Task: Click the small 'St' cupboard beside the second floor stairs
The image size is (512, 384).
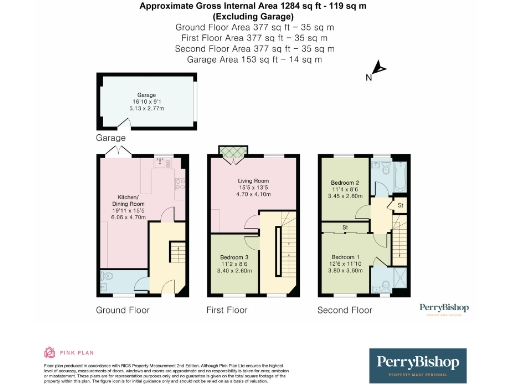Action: click(x=399, y=207)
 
